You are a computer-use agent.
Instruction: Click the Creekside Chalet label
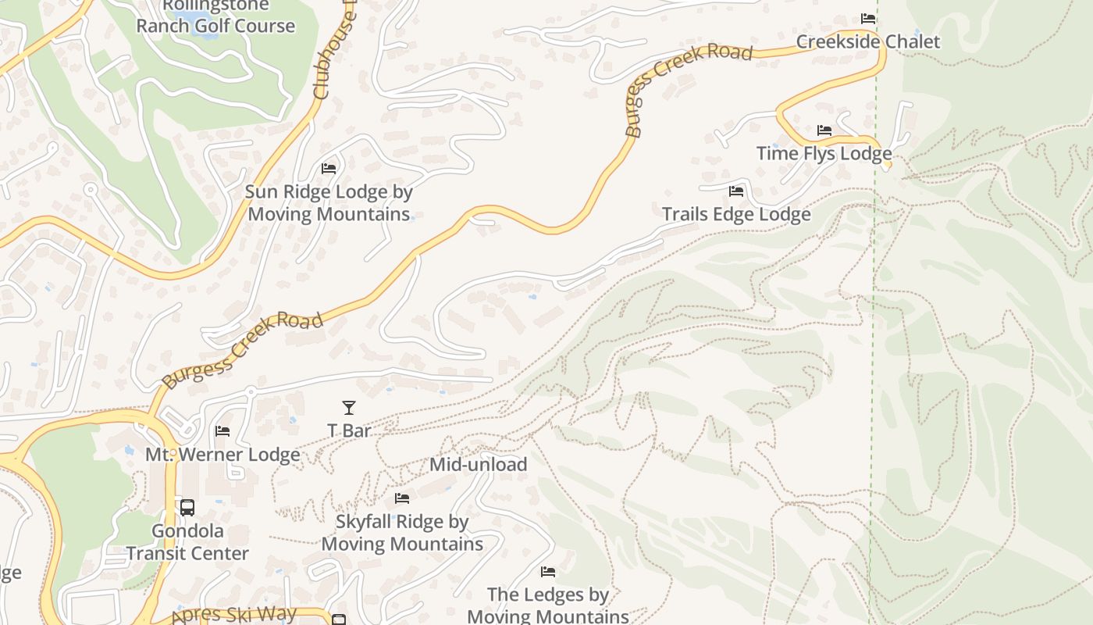(867, 41)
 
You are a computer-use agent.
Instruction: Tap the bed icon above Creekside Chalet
(867, 18)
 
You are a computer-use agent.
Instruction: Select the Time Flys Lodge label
(824, 153)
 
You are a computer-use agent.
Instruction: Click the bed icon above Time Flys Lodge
(824, 130)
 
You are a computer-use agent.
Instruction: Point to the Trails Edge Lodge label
(736, 214)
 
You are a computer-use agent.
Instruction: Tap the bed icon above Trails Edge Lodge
(735, 191)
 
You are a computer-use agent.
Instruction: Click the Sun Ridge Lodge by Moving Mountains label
(329, 202)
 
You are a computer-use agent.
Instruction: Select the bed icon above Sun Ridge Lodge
(329, 168)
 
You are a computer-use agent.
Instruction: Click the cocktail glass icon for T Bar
(349, 407)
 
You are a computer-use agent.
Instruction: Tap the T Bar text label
(349, 430)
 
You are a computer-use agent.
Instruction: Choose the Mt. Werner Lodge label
(223, 455)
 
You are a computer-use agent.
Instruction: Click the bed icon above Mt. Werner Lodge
(223, 430)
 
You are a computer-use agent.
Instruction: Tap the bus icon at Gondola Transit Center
(187, 508)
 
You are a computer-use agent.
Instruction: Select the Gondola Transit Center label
(187, 542)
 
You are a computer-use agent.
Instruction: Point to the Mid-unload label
(478, 464)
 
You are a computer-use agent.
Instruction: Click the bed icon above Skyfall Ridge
(402, 498)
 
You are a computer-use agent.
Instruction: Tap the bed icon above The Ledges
(548, 572)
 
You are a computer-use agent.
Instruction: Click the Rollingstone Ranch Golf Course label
(215, 16)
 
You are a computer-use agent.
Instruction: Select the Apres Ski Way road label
(233, 615)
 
